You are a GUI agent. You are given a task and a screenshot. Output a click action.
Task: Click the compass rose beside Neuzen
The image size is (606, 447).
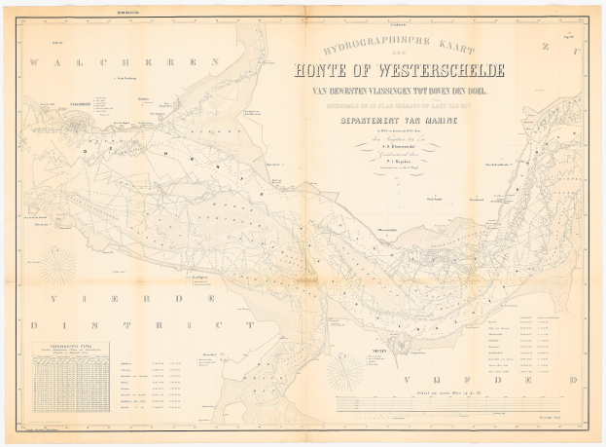point(347,370)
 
